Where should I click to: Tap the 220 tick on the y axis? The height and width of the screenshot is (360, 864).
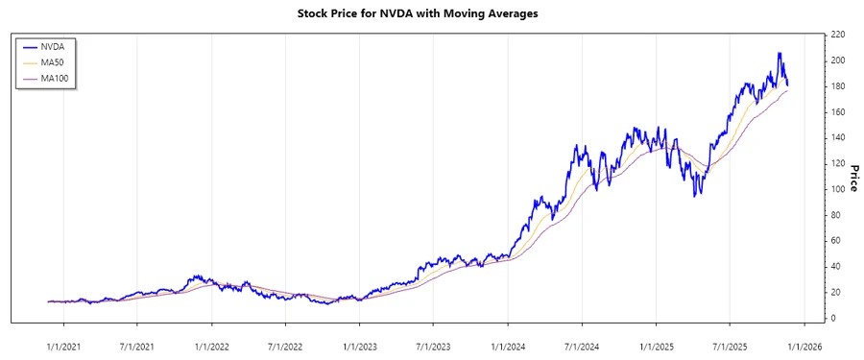click(837, 35)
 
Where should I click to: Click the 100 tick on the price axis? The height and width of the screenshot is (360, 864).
click(837, 189)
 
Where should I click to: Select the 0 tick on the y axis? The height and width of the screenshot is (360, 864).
click(832, 318)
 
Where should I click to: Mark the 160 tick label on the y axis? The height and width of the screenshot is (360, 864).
click(837, 112)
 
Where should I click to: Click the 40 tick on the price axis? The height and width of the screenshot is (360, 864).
click(835, 266)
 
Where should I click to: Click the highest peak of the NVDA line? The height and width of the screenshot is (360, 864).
click(779, 54)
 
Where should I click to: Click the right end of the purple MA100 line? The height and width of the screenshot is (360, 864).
click(788, 90)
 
